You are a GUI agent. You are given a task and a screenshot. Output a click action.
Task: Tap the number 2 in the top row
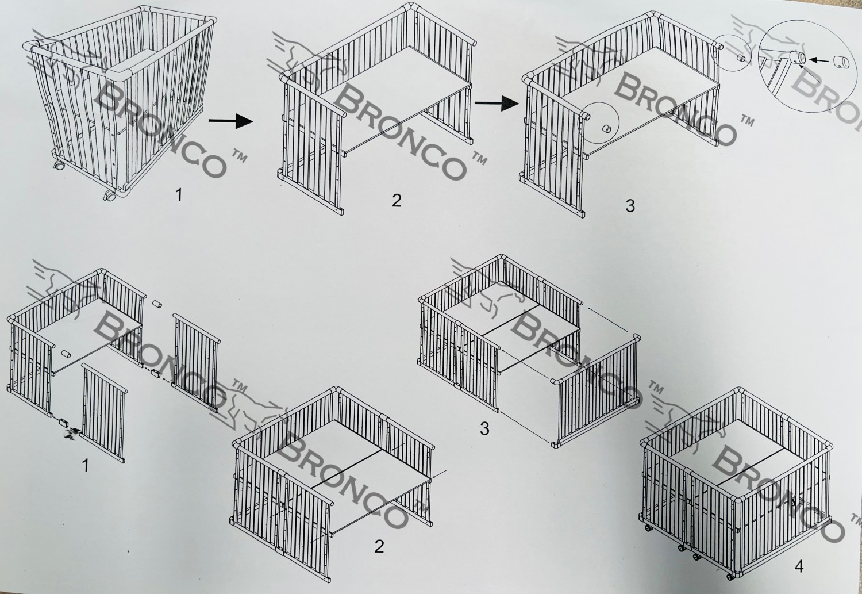(397, 200)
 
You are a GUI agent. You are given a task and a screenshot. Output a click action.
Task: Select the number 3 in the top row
(630, 205)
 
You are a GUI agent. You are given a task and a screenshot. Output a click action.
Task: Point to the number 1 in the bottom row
(86, 466)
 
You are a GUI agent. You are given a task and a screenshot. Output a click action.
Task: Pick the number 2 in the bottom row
(379, 546)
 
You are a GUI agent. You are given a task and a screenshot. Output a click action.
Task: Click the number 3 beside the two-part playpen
(484, 428)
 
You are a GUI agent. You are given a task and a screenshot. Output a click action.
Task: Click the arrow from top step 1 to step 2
(230, 121)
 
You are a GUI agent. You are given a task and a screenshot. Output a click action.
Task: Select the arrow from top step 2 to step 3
(497, 103)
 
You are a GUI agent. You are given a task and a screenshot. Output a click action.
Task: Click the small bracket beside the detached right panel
(156, 372)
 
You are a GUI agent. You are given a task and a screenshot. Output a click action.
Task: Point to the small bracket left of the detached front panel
(62, 423)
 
